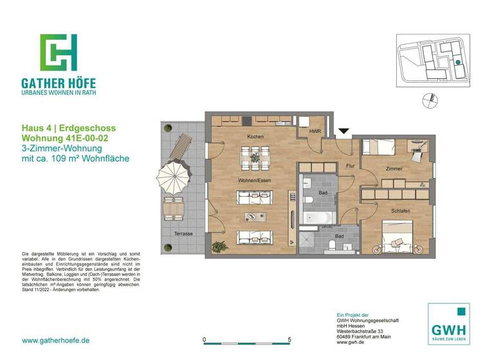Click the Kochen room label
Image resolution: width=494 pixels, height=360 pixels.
(255, 137)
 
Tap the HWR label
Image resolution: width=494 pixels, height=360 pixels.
(315, 132)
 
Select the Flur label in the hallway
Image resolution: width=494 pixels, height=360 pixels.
(350, 166)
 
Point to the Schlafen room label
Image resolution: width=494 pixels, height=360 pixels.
(399, 210)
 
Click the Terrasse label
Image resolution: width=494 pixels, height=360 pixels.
(183, 233)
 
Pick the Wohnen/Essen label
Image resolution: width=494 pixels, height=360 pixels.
(254, 181)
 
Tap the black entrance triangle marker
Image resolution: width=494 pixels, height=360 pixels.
(344, 132)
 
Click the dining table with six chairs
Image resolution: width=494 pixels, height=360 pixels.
(255, 156)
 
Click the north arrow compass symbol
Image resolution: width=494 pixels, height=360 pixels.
(426, 100)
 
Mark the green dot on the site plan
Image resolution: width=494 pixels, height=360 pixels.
(457, 62)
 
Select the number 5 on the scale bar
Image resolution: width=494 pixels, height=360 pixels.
(289, 339)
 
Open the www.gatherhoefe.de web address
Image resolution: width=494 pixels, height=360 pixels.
(55, 340)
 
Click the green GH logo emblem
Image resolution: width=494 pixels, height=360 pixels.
(59, 52)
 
